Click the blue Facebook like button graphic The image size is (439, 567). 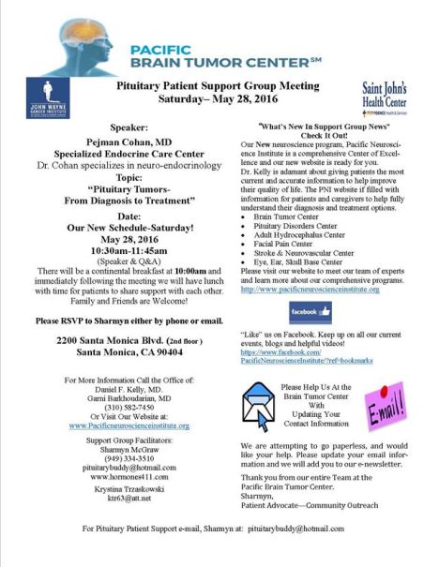310,311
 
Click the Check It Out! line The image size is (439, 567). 330,133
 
